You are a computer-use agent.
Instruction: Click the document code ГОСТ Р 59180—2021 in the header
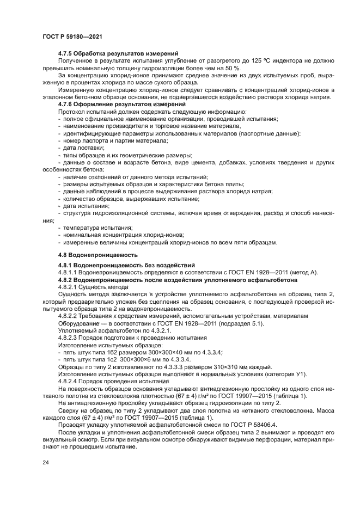(72, 36)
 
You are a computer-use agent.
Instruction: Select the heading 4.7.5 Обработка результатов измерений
(119, 53)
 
